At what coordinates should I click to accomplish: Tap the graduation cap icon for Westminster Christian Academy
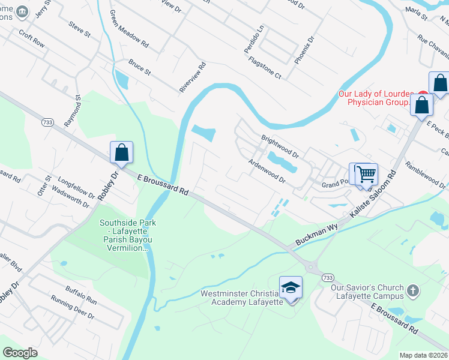click(291, 287)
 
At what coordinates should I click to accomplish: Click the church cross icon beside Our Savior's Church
click(412, 290)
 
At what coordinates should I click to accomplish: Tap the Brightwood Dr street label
click(280, 146)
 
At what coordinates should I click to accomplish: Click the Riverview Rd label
click(192, 77)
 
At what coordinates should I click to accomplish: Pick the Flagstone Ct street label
click(265, 69)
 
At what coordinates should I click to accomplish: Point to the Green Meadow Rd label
click(129, 28)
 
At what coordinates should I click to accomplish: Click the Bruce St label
click(139, 67)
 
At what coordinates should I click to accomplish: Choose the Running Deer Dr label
click(73, 307)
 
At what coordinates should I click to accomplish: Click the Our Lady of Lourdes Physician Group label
click(376, 98)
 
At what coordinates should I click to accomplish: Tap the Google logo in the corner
click(20, 353)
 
